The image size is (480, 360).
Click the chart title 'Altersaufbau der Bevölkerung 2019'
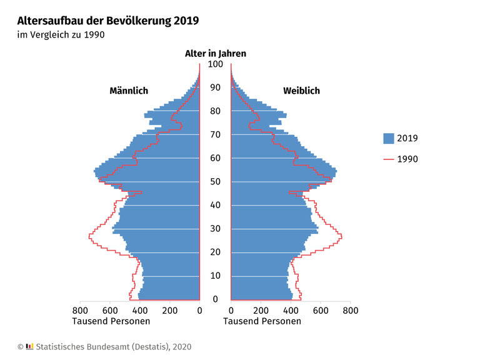pos(108,21)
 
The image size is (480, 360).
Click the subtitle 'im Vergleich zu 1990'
pos(60,35)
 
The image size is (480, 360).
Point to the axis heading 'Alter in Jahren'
pos(215,54)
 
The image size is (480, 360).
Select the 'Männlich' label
pos(129,91)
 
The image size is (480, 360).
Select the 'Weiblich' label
pos(301,91)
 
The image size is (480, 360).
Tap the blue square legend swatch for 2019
pos(389,138)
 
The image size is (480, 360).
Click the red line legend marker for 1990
pos(389,159)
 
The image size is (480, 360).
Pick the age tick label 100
pos(215,64)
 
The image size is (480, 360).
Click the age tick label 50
pos(215,182)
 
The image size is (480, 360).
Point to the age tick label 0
pos(215,299)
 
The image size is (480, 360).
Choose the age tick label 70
pos(215,135)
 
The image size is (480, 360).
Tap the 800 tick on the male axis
pos(80,310)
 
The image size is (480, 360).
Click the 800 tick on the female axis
pos(350,310)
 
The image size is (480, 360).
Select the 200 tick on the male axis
pos(169,310)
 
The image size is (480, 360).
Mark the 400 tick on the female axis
pos(291,310)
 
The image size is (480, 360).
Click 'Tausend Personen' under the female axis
pos(262,321)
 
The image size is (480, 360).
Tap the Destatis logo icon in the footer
pos(30,346)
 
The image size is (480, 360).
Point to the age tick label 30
pos(215,229)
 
